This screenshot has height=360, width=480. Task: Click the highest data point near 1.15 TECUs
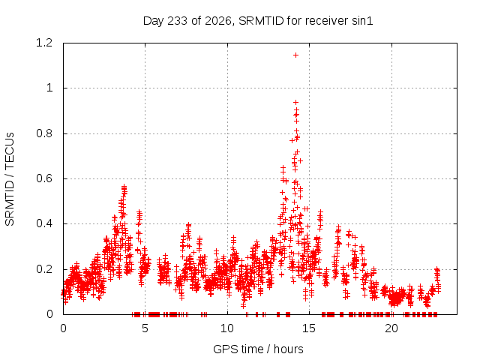[x=295, y=55]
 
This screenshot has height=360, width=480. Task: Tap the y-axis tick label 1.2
[x=44, y=43]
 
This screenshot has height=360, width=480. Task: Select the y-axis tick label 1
[x=49, y=88]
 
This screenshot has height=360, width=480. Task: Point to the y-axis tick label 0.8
[x=44, y=133]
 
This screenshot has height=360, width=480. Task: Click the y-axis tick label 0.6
[x=44, y=178]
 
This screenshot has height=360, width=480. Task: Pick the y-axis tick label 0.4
[x=44, y=223]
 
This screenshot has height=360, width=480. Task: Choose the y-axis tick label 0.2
[x=44, y=269]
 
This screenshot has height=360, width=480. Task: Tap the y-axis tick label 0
[x=49, y=314]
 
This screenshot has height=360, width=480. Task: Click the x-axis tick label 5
[x=145, y=328]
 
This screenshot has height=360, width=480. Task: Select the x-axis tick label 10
[x=227, y=328]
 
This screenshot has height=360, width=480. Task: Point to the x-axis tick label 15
[x=309, y=328]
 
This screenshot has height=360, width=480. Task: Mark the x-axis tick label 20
[x=391, y=328]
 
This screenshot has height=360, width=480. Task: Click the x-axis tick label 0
[x=63, y=328]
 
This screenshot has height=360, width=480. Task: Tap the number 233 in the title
[x=178, y=21]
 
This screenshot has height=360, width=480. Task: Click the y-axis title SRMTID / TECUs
[x=10, y=179]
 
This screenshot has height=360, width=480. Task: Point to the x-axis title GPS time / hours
[x=258, y=349]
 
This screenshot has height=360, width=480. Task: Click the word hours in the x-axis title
[x=288, y=349]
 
